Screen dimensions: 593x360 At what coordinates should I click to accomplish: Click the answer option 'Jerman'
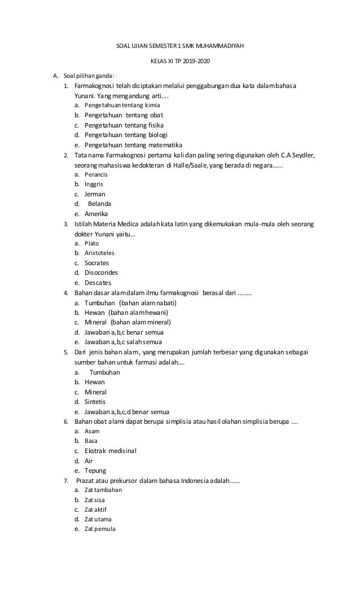click(x=95, y=194)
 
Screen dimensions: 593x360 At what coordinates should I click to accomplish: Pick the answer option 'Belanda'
click(x=99, y=204)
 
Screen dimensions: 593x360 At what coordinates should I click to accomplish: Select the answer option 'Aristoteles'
click(x=99, y=253)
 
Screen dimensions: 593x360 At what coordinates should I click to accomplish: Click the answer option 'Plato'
click(x=91, y=243)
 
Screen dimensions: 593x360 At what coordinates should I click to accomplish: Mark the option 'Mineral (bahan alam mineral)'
click(x=128, y=322)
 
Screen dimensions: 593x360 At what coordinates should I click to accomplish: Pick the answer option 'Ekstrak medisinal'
click(x=111, y=451)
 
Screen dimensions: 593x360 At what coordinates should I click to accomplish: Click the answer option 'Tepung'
click(x=95, y=471)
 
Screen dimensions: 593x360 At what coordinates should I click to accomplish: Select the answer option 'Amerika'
click(x=96, y=214)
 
